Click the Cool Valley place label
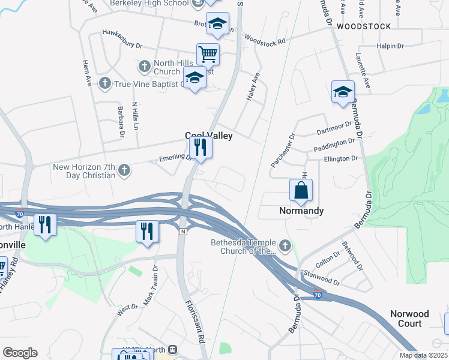click(x=208, y=136)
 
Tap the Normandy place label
click(x=301, y=211)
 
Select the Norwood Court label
click(x=409, y=319)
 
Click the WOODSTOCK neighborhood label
click(x=364, y=26)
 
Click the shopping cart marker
click(x=208, y=54)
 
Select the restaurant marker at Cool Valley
click(x=200, y=147)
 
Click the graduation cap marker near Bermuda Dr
click(x=343, y=92)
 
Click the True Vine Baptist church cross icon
click(x=105, y=83)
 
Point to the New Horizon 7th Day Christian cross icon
click(x=124, y=170)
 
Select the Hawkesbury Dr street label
click(x=122, y=38)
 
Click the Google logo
click(x=20, y=353)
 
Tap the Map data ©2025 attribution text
click(x=423, y=355)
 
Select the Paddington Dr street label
click(x=334, y=144)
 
